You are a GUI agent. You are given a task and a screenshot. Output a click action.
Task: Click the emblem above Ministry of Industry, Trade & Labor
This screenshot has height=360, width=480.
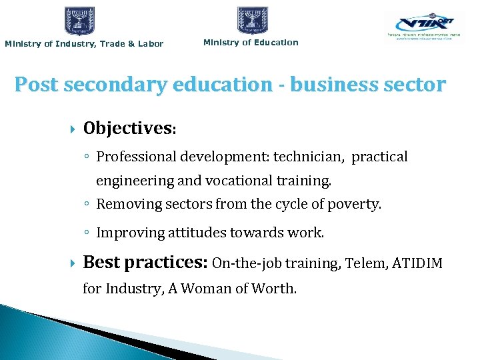click(80, 21)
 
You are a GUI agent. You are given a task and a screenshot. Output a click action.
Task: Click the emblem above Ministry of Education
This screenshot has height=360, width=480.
click(253, 20)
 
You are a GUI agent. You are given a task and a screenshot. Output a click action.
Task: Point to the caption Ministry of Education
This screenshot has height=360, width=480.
click(251, 43)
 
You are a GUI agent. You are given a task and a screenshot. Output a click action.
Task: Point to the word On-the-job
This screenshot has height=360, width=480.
click(247, 263)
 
